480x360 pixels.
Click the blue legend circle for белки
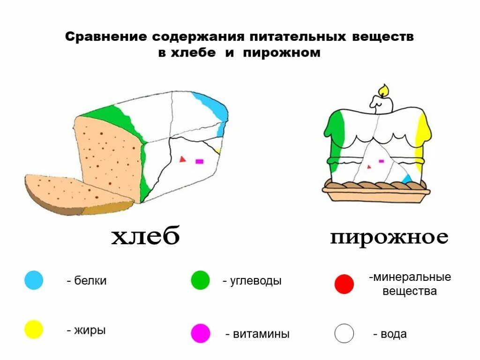(x=34, y=280)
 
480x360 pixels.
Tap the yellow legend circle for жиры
(x=34, y=330)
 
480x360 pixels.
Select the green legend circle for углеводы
(x=200, y=280)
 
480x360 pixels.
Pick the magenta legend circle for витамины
(x=200, y=333)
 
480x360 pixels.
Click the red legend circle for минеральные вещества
(x=344, y=284)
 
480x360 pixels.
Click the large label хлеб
(x=145, y=237)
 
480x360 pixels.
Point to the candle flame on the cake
(x=383, y=90)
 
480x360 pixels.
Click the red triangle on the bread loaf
(x=182, y=159)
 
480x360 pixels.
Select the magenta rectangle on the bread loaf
(x=199, y=161)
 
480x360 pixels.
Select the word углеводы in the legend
(x=256, y=281)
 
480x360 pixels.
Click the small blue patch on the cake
(x=407, y=179)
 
